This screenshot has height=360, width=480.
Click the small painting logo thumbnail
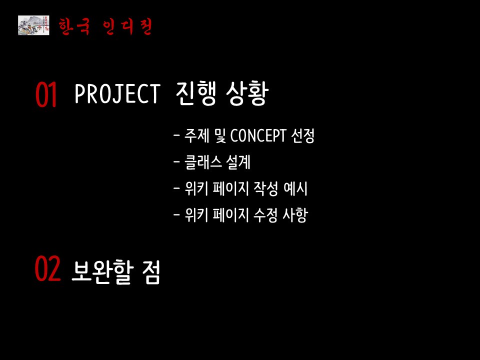click(33, 25)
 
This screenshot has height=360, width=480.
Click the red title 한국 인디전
click(105, 26)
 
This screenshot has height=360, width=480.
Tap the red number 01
click(46, 94)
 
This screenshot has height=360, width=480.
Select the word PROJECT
click(117, 93)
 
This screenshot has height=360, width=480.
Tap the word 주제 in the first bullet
click(196, 135)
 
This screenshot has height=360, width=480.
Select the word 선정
click(303, 135)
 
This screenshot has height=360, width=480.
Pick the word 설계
click(238, 162)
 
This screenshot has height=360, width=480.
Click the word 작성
click(265, 188)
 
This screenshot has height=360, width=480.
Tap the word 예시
click(295, 188)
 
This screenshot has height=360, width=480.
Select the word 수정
click(265, 215)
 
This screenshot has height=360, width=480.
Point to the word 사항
click(295, 215)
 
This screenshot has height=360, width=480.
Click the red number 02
click(47, 269)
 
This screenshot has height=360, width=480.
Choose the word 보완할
click(102, 272)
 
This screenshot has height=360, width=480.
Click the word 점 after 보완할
click(151, 272)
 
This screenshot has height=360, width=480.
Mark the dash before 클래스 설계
click(176, 161)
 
